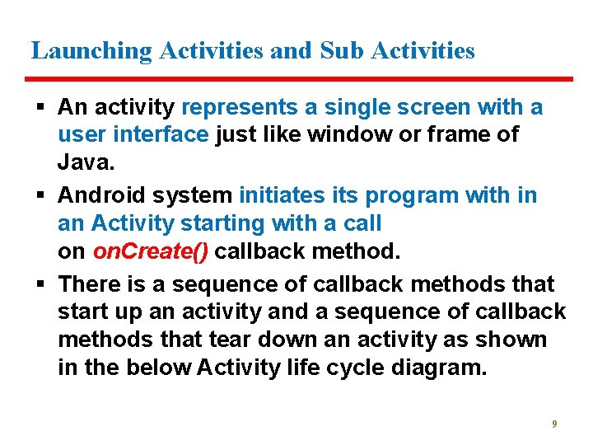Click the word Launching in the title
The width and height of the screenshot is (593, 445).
click(x=91, y=51)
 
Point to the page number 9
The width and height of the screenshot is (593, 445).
click(x=554, y=424)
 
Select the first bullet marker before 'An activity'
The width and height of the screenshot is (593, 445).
click(x=42, y=108)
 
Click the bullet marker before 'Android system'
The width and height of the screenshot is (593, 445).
click(x=42, y=196)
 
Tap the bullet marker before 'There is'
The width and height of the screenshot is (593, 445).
click(x=42, y=284)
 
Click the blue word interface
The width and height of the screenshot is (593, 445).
click(x=161, y=134)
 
